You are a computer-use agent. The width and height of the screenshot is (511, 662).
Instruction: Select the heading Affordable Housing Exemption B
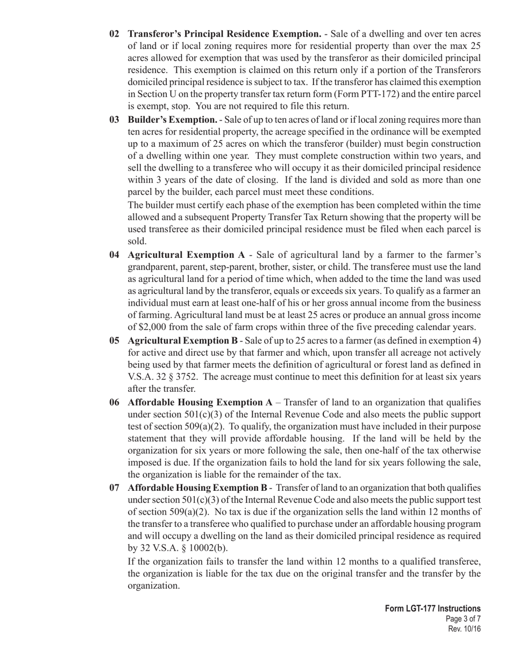click(x=197, y=488)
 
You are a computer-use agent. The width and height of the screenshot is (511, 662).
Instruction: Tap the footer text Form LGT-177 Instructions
click(x=432, y=609)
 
